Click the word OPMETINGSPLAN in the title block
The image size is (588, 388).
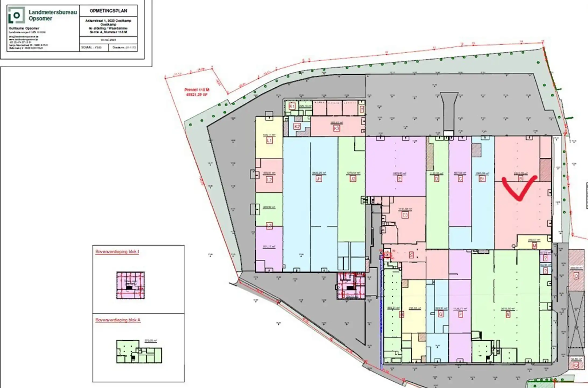pos(108,11)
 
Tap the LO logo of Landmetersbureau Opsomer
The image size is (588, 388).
pos(16,15)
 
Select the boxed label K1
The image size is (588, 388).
pos(292,106)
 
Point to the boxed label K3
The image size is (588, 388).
pos(336,129)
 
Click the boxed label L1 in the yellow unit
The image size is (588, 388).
pos(269,140)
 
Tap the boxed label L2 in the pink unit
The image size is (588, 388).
pos(269,179)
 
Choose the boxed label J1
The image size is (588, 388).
pos(319,179)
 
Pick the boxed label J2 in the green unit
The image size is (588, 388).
pos(353,178)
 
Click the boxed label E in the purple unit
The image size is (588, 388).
pos(399,179)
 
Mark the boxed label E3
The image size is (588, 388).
pos(405,215)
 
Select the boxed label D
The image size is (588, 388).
pos(436,179)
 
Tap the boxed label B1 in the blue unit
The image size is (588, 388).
pos(482,179)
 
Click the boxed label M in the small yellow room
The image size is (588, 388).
pos(534,245)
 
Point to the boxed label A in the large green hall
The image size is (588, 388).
pos(508,314)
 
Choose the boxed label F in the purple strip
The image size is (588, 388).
pos(460,314)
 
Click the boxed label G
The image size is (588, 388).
pos(441,314)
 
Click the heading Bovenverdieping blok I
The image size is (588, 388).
pos(117,252)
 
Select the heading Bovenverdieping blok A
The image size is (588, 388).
pos(118,320)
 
